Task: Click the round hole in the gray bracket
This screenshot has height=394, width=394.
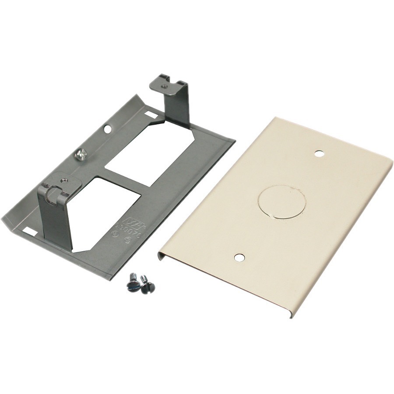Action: point(108,129)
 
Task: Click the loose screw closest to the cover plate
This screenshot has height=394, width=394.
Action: point(148,285)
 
